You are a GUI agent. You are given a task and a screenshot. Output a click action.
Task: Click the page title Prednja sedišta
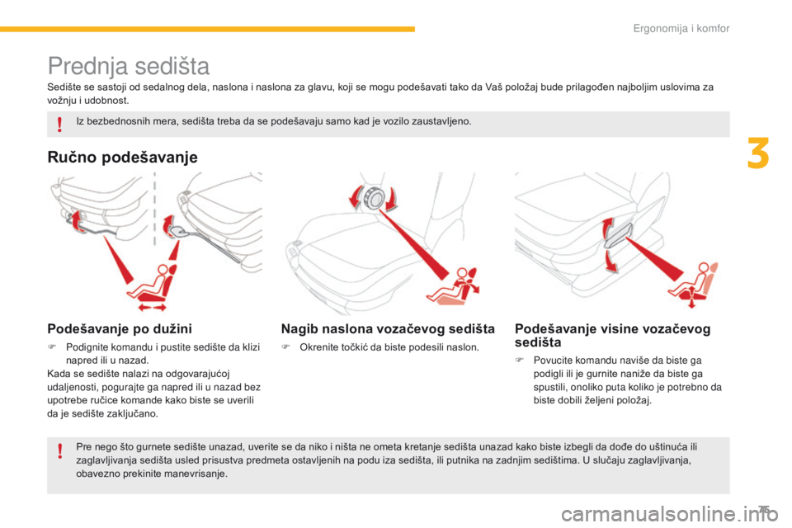(x=129, y=66)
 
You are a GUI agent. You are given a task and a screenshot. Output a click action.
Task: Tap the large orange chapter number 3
(x=758, y=153)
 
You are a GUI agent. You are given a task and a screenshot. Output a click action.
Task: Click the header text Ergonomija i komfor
(x=681, y=28)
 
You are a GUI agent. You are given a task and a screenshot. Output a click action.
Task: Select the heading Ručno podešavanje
(x=122, y=157)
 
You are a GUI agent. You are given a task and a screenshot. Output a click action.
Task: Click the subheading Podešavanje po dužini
(x=120, y=329)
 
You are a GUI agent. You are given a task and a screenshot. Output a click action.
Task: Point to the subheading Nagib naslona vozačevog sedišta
(x=388, y=329)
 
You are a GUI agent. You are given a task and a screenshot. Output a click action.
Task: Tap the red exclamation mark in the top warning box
(x=59, y=124)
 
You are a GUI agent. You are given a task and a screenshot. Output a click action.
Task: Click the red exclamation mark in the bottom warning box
(x=59, y=450)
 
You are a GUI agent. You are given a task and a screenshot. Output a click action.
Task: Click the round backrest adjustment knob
(x=374, y=197)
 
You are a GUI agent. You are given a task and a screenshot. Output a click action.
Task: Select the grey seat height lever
(x=618, y=235)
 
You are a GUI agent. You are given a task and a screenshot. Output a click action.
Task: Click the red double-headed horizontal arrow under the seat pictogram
(x=153, y=307)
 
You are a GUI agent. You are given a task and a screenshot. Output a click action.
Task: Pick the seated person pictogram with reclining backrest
(x=453, y=286)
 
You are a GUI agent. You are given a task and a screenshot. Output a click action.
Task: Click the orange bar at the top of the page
(x=207, y=29)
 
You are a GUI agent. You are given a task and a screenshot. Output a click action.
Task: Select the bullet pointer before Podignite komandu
(x=51, y=347)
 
